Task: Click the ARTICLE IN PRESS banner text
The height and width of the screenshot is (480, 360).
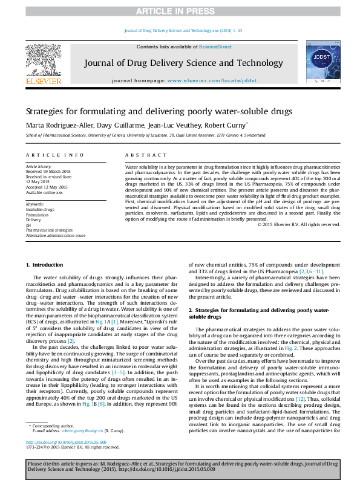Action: coord(180,11)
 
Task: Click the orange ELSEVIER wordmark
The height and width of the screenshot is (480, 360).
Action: coord(43,80)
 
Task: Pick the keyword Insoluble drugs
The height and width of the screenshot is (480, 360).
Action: coord(40,209)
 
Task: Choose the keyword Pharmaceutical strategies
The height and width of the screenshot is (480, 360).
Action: coord(49,230)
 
